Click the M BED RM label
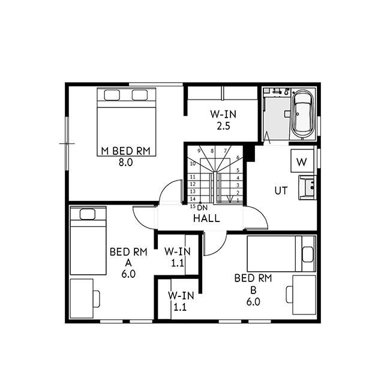(x=125, y=151)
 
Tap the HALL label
(x=206, y=218)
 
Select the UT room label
(x=281, y=191)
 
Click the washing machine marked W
(x=302, y=161)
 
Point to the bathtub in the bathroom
(x=304, y=115)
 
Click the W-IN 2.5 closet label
(x=223, y=120)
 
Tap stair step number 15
(x=193, y=206)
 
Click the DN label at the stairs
(x=202, y=208)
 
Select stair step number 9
(x=199, y=151)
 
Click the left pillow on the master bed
(x=112, y=95)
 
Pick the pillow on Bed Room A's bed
(x=88, y=214)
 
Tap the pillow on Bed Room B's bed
(x=308, y=254)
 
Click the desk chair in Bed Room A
(x=97, y=299)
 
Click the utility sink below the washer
(x=307, y=187)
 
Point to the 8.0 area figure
(x=125, y=163)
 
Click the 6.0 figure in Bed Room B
(x=253, y=302)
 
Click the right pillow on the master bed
(x=140, y=95)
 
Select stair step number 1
(x=238, y=200)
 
